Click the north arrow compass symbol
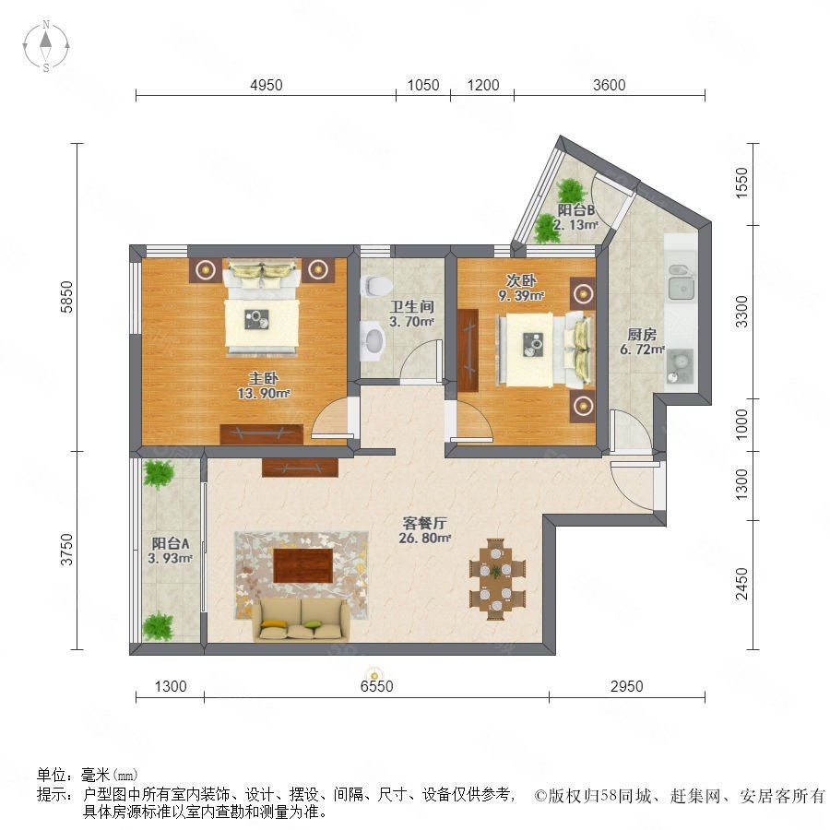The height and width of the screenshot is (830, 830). [46, 46]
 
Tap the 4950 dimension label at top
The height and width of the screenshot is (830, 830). [267, 85]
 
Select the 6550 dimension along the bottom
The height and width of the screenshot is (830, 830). [376, 686]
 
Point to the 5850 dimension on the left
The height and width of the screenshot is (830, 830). [66, 297]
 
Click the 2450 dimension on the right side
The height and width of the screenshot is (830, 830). [742, 584]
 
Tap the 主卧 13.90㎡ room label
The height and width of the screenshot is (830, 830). [264, 385]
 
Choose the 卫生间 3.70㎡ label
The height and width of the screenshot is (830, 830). [412, 314]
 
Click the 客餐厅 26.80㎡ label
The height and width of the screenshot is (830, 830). [424, 530]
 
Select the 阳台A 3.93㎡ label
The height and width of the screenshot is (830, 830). [170, 551]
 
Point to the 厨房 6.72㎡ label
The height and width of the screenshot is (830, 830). [642, 341]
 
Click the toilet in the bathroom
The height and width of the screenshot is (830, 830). [375, 286]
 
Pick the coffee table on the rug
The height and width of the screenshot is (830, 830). [302, 565]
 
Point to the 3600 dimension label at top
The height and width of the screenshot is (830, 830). [610, 85]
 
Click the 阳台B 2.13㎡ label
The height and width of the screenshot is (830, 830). [575, 217]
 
